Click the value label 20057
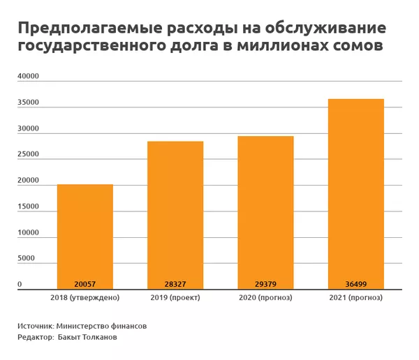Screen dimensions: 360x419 [84, 284]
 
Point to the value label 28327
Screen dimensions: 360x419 [175, 284]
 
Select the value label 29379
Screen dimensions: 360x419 [265, 284]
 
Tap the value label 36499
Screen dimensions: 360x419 [355, 284]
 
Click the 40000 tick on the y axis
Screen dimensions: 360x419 [27, 77]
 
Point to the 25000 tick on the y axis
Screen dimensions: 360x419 [27, 155]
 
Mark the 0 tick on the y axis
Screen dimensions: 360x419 [20, 285]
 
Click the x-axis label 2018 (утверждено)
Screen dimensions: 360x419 [85, 298]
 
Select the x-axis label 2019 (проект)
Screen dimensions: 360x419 [175, 298]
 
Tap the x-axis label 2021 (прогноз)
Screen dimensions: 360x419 [355, 298]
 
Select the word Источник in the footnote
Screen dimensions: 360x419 [36, 325]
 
